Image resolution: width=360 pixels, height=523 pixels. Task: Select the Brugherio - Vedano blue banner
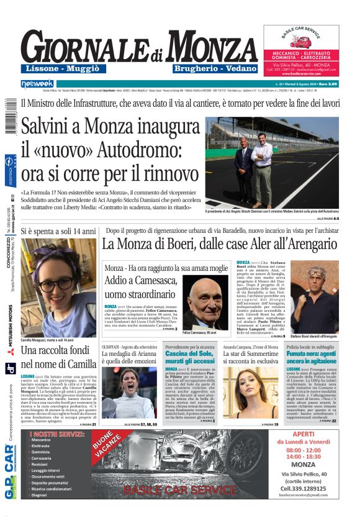point(215,68)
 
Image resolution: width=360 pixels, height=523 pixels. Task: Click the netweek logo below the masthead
point(37,83)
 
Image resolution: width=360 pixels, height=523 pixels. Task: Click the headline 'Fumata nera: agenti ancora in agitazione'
point(311,357)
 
